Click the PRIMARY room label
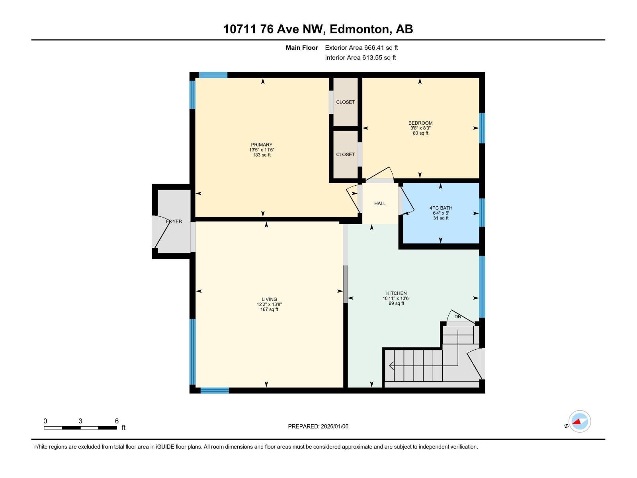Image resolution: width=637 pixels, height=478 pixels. (x=262, y=145)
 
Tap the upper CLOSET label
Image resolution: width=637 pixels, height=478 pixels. (x=345, y=102)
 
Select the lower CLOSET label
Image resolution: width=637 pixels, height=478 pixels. (x=345, y=155)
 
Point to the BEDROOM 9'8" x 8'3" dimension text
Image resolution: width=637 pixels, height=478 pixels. (x=420, y=128)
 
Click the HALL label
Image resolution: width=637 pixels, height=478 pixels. (x=380, y=204)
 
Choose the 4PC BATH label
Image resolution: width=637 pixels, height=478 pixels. (x=441, y=208)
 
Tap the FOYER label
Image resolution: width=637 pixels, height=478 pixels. (x=174, y=221)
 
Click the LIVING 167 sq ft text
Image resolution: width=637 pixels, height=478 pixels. (x=269, y=310)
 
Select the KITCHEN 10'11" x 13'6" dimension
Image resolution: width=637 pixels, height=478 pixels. (x=396, y=298)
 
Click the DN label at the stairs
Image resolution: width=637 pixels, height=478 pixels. (x=458, y=317)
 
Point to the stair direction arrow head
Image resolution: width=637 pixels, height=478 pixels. (x=391, y=366)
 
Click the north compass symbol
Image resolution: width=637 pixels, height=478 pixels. (x=580, y=421)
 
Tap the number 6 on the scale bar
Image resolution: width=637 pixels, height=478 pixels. (x=117, y=421)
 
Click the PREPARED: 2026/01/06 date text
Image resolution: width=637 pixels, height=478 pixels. (x=318, y=426)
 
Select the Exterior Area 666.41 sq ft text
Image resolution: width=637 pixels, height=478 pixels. (x=361, y=48)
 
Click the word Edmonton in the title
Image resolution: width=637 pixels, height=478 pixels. (x=359, y=29)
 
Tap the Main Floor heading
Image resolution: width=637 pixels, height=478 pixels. (x=302, y=48)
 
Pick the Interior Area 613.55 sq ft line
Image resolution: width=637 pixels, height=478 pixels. (x=360, y=58)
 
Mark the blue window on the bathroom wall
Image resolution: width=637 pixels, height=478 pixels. (x=482, y=212)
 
